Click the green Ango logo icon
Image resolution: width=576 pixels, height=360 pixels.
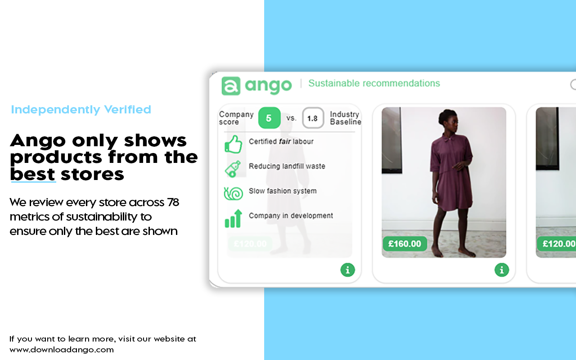(231, 85)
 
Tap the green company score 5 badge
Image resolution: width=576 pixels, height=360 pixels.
(269, 118)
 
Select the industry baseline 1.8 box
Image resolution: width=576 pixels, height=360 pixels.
(313, 118)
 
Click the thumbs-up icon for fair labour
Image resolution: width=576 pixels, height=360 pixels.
(233, 144)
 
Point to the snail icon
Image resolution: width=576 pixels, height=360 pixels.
(233, 193)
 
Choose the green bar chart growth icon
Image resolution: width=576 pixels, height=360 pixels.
(233, 219)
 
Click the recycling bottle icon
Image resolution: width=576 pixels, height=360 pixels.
(233, 168)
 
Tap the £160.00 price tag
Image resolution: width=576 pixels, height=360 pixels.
(405, 244)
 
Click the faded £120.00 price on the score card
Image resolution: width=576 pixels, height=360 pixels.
(250, 244)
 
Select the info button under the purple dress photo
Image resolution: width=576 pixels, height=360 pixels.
(501, 270)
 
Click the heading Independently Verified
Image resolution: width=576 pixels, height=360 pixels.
(81, 109)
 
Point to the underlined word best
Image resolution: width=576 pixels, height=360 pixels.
(33, 174)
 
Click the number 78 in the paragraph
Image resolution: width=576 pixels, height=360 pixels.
(173, 202)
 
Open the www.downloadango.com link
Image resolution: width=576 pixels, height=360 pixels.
(62, 349)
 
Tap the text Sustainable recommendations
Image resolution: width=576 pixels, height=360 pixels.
(374, 83)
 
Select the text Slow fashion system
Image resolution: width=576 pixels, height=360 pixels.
(283, 191)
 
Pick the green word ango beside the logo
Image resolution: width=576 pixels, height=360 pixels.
(268, 85)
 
